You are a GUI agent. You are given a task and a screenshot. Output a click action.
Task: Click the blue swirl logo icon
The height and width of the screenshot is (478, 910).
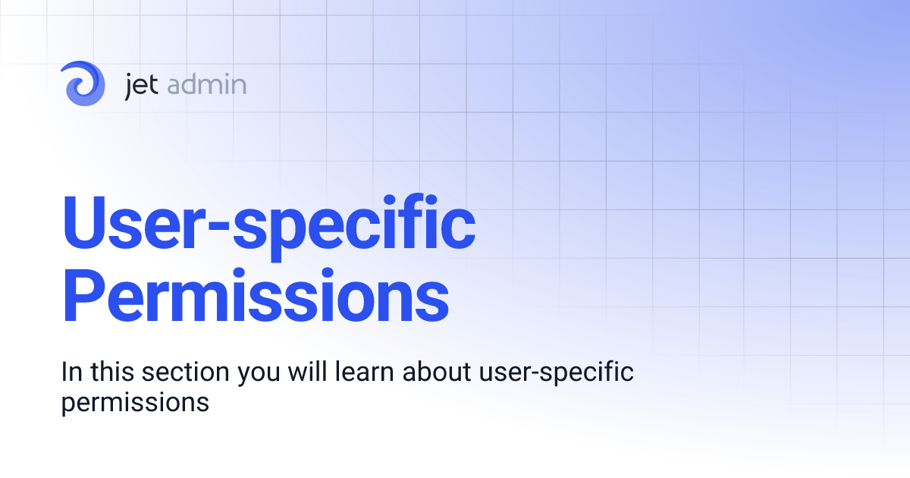[84, 83]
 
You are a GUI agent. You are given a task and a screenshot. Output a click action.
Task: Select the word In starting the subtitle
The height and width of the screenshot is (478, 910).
[71, 373]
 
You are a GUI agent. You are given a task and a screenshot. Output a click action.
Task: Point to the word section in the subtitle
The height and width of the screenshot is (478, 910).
[184, 373]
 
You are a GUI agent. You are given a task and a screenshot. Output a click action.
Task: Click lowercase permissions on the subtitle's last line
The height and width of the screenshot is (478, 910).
[135, 402]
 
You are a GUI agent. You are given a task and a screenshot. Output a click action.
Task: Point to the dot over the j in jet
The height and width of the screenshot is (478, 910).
[132, 74]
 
